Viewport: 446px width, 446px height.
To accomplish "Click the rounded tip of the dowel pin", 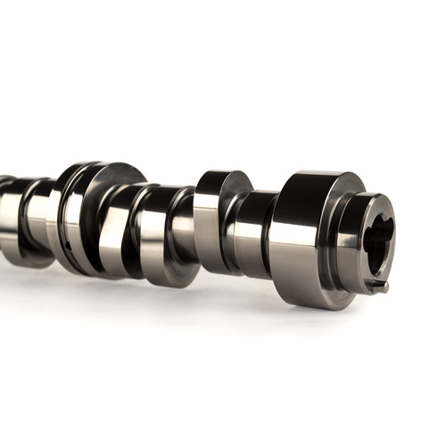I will pyautogui.click(x=384, y=287).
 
